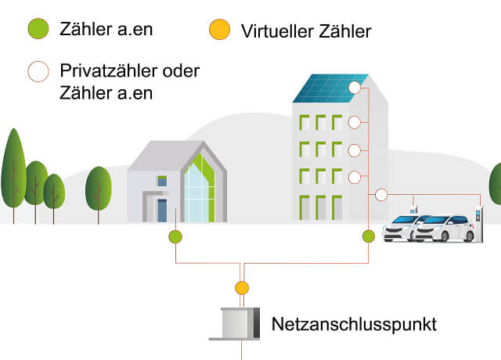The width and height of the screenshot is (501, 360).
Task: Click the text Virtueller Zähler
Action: [x=306, y=31]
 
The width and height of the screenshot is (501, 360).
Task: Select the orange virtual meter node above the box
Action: [x=242, y=288]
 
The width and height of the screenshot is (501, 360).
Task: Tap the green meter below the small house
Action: [x=175, y=236]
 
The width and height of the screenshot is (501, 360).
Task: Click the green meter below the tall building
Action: [x=369, y=236]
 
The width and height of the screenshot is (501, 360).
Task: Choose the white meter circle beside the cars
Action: [x=382, y=195]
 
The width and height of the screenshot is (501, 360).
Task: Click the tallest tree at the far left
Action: [x=13, y=168]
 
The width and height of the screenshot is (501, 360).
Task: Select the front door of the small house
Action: [x=162, y=211]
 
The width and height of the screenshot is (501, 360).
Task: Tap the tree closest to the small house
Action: [x=99, y=188]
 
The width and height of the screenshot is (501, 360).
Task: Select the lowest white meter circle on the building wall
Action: [x=354, y=177]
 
